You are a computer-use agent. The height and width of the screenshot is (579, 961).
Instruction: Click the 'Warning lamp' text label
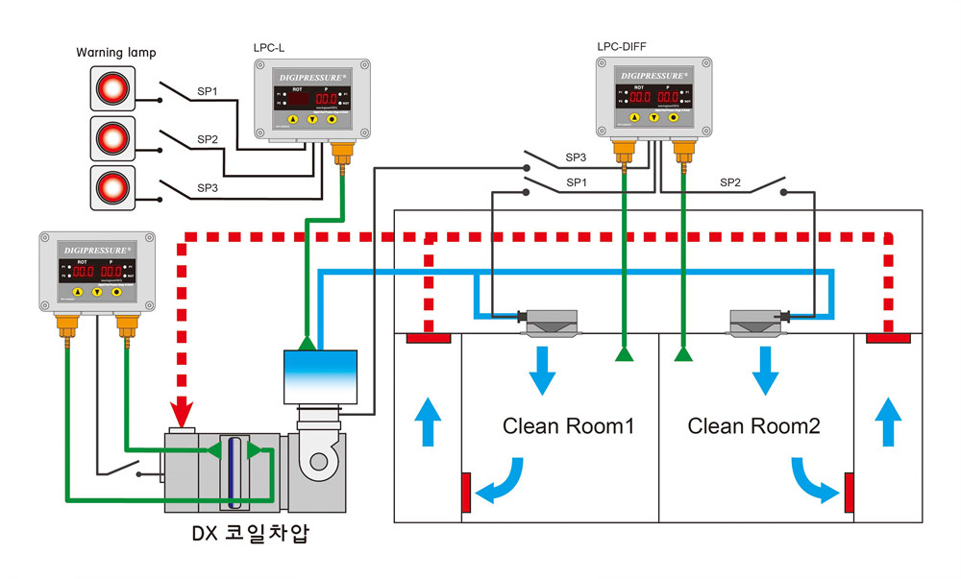click(x=115, y=52)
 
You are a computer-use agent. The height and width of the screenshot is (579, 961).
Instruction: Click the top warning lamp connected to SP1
click(x=113, y=89)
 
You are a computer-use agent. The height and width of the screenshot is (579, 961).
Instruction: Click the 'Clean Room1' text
click(x=568, y=425)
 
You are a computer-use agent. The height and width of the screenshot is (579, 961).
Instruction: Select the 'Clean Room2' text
click(x=754, y=425)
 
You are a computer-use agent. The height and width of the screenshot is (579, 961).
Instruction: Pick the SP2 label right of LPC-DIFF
click(x=730, y=181)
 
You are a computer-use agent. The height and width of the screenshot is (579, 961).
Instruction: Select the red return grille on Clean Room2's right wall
click(x=850, y=492)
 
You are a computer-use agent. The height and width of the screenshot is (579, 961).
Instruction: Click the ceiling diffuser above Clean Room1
click(x=550, y=323)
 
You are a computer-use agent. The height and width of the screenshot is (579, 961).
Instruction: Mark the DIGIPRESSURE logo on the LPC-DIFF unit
click(x=653, y=75)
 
